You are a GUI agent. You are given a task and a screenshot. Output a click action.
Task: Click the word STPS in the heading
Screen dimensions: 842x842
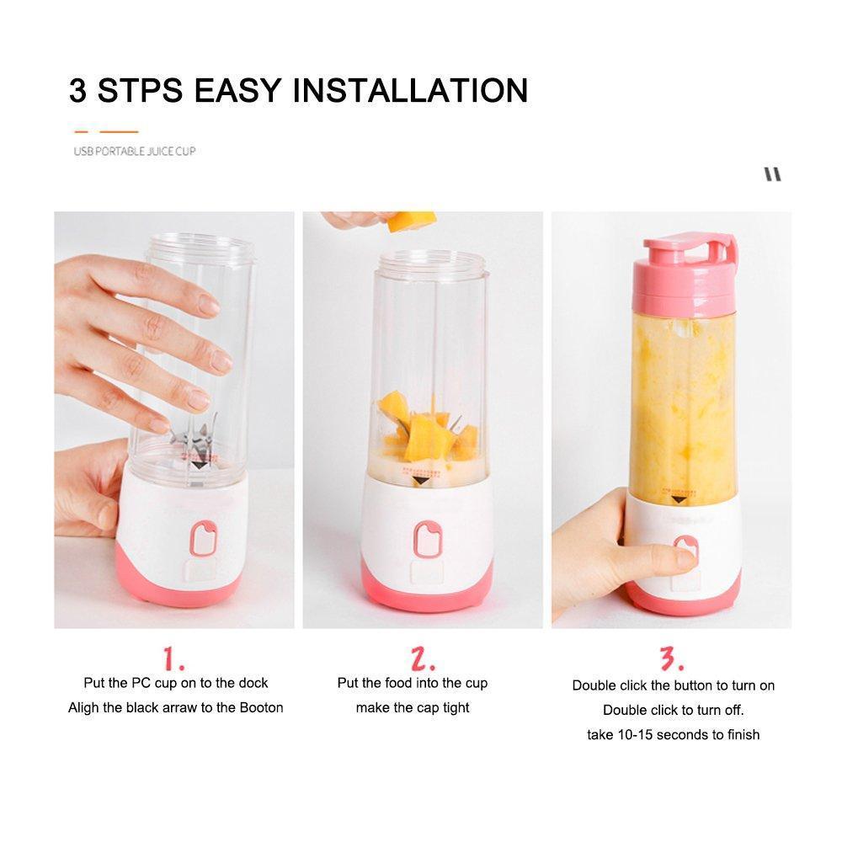click(140, 90)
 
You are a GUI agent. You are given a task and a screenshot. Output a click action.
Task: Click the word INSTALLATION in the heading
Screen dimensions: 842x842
click(411, 90)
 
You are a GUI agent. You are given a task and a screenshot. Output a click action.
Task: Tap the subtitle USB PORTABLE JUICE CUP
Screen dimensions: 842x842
click(135, 152)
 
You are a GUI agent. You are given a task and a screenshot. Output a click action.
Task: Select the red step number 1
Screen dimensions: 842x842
click(173, 659)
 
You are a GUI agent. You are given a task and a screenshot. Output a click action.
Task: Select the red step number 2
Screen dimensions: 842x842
click(423, 659)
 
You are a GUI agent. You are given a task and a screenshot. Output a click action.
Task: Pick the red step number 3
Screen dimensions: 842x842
click(672, 659)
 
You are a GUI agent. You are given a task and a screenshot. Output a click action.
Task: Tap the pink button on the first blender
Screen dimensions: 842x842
click(204, 538)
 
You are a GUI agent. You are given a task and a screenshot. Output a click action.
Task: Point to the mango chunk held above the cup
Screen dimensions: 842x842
click(412, 221)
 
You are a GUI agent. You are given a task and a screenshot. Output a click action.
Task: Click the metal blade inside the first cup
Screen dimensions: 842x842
click(195, 438)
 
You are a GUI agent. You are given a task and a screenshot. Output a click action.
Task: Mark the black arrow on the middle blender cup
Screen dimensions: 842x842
click(420, 481)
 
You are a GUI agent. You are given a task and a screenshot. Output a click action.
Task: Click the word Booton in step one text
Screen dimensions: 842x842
click(262, 708)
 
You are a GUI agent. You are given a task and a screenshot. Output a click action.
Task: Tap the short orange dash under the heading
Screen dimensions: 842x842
click(81, 131)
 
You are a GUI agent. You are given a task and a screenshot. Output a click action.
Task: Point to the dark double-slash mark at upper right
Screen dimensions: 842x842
click(773, 174)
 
